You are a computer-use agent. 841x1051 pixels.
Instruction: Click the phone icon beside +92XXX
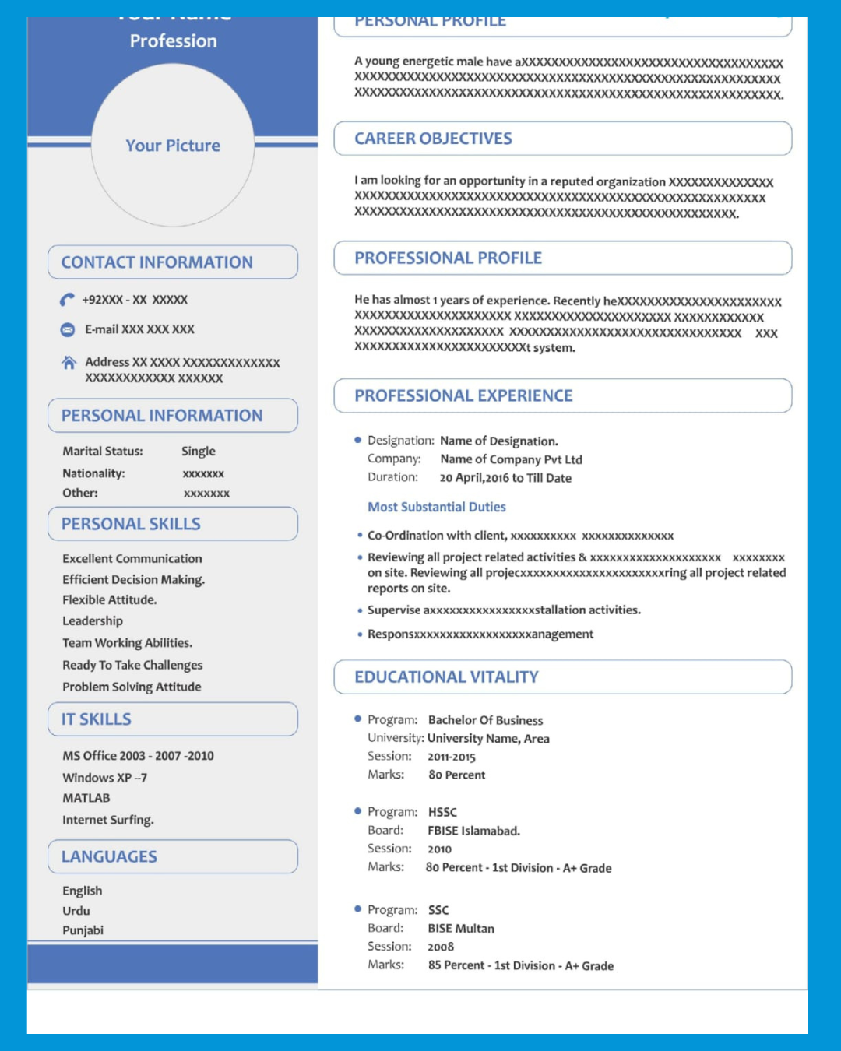click(x=68, y=300)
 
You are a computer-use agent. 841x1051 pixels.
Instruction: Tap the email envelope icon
click(x=68, y=330)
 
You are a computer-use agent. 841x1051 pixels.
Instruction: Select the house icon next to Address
click(x=69, y=363)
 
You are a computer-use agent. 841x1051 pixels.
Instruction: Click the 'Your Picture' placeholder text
click(x=173, y=146)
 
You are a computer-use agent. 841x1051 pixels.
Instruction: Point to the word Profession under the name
click(x=173, y=41)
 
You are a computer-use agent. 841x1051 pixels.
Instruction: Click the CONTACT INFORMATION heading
click(x=157, y=262)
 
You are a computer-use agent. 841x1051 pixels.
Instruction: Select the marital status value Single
click(x=199, y=452)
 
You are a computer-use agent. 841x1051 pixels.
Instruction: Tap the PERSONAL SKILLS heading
click(x=131, y=524)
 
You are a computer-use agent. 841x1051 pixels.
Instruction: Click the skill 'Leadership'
click(x=93, y=621)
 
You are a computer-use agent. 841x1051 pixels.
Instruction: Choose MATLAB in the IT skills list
click(x=86, y=798)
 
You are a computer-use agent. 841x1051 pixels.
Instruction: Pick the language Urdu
click(x=76, y=911)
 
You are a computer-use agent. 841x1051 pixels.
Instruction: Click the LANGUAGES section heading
click(x=109, y=856)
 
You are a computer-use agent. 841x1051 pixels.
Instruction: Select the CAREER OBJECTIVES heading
click(x=433, y=139)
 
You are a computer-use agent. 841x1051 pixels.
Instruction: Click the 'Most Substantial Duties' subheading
click(x=437, y=507)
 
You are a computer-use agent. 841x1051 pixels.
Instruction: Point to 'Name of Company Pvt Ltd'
click(x=511, y=459)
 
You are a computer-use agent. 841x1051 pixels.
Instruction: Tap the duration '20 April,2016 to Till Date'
click(x=505, y=478)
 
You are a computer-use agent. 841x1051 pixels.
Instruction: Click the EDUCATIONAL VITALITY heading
click(x=446, y=677)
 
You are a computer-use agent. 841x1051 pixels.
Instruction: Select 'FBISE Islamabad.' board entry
click(x=473, y=831)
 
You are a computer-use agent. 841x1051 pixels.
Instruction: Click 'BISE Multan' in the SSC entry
click(x=461, y=929)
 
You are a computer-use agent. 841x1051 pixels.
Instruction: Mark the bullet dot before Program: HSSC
click(x=357, y=811)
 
